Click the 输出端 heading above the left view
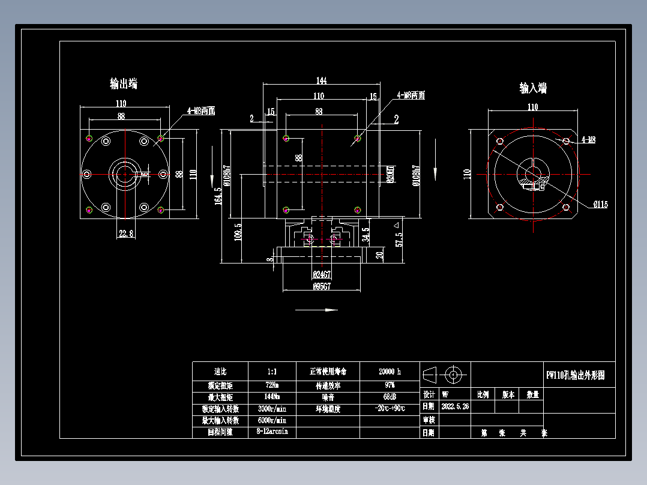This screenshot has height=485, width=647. pos(124,83)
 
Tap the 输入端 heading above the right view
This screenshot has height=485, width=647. pos(533,88)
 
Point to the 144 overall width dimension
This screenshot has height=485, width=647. pos(321,80)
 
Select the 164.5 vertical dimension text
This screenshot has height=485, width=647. pos(218,196)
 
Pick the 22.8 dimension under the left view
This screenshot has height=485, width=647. pos(127,233)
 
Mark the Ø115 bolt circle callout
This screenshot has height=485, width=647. pos(600,205)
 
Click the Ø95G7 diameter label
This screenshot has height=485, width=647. pos(322,286)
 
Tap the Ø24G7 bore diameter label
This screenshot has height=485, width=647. pos(322,274)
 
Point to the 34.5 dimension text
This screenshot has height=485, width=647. pos(366,232)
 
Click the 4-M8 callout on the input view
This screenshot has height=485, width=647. pos(588,140)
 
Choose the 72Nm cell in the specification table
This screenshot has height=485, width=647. pos(272,385)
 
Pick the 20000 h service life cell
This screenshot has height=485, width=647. pos(390,372)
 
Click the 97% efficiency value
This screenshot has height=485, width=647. pos(390,385)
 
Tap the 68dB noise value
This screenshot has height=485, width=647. pos(390,397)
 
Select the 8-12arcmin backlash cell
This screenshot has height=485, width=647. pos(272,432)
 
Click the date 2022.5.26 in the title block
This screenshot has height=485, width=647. pos(455,406)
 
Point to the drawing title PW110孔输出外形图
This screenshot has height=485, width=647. pos(579,375)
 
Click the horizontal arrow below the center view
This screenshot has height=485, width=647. pos(316,310)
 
